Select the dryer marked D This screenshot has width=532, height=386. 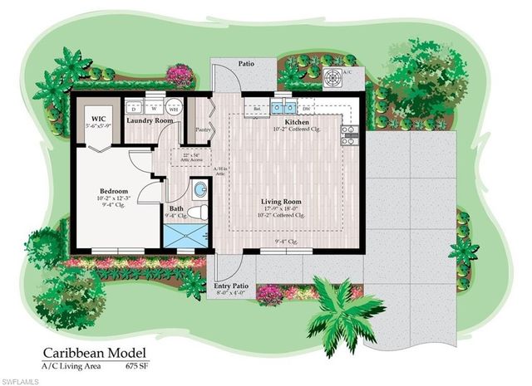(x=133, y=108)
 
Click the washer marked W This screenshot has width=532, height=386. (x=154, y=108)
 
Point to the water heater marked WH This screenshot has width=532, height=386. (x=173, y=108)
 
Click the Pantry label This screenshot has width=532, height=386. (x=201, y=130)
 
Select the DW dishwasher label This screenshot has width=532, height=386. (x=307, y=109)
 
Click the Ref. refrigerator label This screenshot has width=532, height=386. (x=258, y=109)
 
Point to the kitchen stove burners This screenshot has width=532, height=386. (x=350, y=135)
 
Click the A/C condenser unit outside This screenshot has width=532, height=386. (x=332, y=78)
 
